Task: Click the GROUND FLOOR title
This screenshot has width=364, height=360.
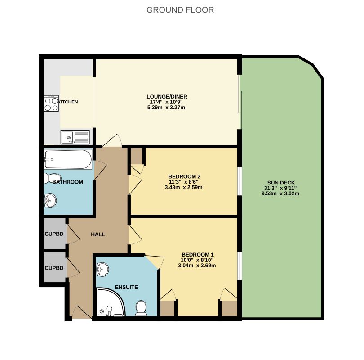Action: [x=180, y=10]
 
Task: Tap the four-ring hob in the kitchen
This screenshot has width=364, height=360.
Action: [x=51, y=103]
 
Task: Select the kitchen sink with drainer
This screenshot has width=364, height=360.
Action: [x=75, y=137]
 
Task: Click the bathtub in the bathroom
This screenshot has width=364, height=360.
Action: [x=68, y=159]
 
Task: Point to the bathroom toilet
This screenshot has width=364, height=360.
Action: [x=53, y=178]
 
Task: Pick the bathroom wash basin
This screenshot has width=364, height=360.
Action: [x=50, y=200]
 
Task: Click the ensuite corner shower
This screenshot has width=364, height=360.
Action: [x=111, y=302]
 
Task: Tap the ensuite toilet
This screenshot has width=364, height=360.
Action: [x=141, y=308]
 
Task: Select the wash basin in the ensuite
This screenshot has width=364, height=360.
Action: [x=102, y=270]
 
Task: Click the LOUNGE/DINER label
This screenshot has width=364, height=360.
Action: [x=167, y=97]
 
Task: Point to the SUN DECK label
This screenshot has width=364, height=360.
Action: [x=281, y=183]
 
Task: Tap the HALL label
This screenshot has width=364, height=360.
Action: [x=98, y=234]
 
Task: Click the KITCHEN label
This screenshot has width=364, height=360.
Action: [x=68, y=102]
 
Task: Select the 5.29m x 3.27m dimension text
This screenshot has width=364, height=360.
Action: [x=166, y=108]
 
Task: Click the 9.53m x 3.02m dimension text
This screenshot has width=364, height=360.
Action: [x=280, y=193]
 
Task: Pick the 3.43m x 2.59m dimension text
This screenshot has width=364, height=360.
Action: [x=184, y=187]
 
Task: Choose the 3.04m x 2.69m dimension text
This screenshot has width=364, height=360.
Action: [x=197, y=265]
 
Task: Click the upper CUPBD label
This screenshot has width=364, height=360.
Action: [x=54, y=234]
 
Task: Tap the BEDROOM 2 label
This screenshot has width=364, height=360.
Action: [x=184, y=176]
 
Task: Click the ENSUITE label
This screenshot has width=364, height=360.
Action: [x=127, y=287]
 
